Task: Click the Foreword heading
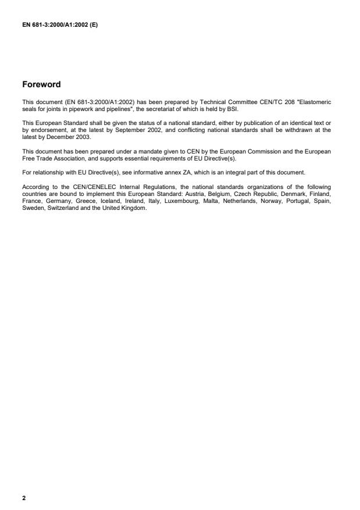tap(41, 84)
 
